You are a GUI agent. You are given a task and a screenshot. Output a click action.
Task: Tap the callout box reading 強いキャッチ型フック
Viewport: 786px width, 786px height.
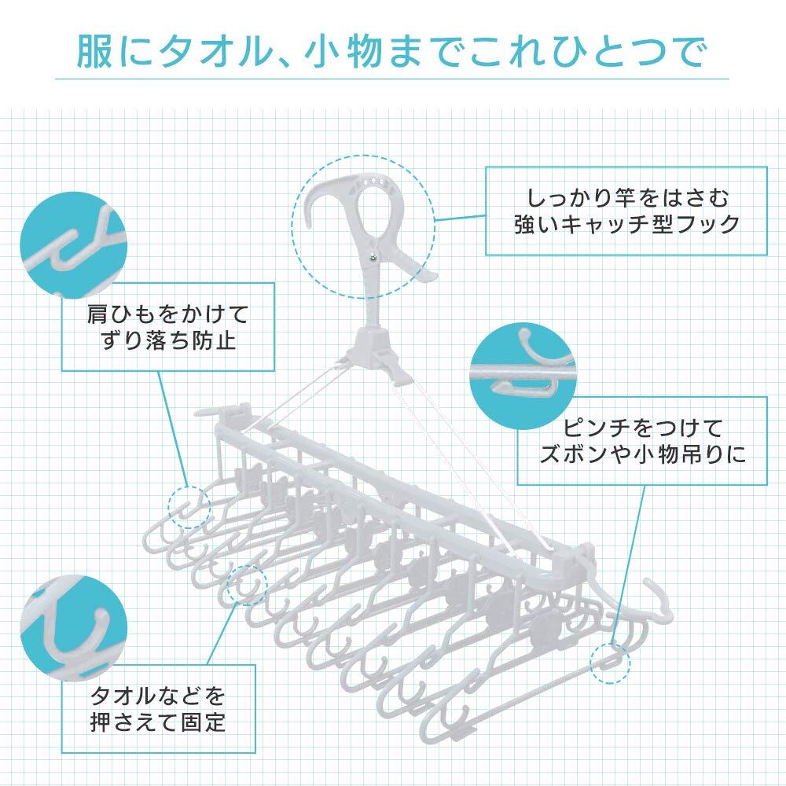pyautogui.click(x=625, y=210)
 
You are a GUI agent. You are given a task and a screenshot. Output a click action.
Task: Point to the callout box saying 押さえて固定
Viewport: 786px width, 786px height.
pyautogui.click(x=158, y=709)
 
